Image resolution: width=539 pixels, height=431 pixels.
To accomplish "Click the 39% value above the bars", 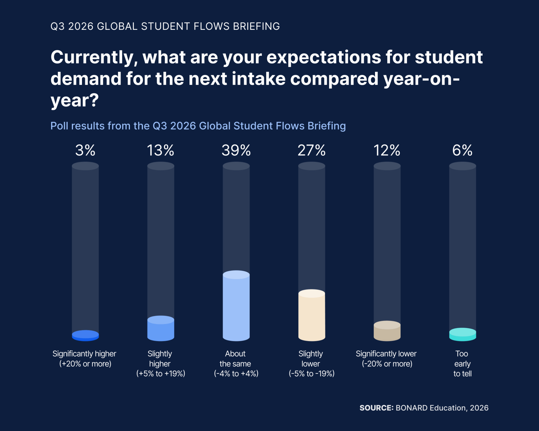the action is pos(236,150).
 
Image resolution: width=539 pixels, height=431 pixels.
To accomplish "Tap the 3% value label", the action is pos(85,150).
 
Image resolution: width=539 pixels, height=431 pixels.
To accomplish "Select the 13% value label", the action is pos(161,150).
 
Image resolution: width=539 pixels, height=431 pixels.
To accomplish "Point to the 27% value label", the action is pos(312,150).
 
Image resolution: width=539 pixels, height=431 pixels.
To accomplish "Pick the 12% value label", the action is pos(387,150).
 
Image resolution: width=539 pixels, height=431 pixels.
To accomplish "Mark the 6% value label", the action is pos(462,150).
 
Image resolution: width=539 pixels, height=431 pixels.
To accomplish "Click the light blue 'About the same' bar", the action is pos(236,306).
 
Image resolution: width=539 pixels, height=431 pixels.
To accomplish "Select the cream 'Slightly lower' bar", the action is pos(312,315).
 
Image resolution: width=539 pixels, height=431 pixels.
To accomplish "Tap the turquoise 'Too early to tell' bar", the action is pos(463,334).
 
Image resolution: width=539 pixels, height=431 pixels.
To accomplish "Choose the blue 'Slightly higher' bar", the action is pos(161,328).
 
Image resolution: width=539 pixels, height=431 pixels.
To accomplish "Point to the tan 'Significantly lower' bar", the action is pos(387,331).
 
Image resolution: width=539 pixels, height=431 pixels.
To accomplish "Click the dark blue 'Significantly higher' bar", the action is pos(85,336).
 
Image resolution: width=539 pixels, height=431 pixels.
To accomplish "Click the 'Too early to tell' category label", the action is pos(462,364).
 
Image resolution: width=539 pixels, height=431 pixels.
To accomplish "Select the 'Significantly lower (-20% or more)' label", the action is pos(387,359).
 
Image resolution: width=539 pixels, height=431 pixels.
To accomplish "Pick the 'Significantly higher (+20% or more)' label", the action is pos(85,359).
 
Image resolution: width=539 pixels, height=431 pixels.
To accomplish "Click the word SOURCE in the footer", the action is pos(376,408).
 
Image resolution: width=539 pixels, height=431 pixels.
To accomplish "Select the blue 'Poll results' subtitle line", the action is pos(198,126).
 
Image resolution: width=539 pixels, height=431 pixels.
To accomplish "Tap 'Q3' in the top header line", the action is pos(58,26).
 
